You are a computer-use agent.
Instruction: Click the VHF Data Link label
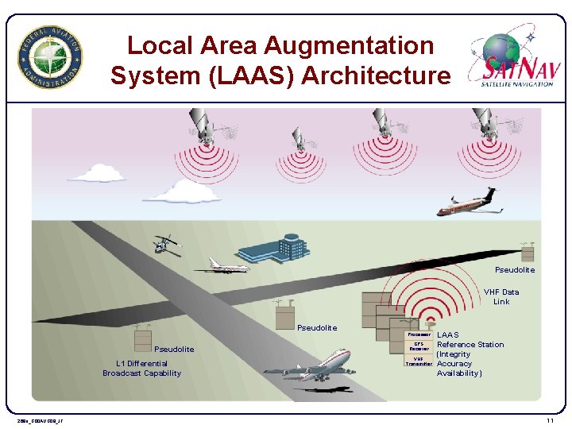click(501, 296)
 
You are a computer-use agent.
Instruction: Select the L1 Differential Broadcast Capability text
click(141, 369)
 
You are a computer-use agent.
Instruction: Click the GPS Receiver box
click(419, 346)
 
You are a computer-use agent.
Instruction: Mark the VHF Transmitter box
click(419, 361)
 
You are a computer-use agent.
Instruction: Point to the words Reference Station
click(470, 345)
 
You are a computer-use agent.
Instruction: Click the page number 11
click(550, 419)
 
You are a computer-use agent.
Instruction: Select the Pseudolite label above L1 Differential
click(173, 350)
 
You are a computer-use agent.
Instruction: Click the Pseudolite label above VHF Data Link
click(515, 270)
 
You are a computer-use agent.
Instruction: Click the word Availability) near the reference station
click(459, 373)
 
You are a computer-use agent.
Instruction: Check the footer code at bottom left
click(40, 420)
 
